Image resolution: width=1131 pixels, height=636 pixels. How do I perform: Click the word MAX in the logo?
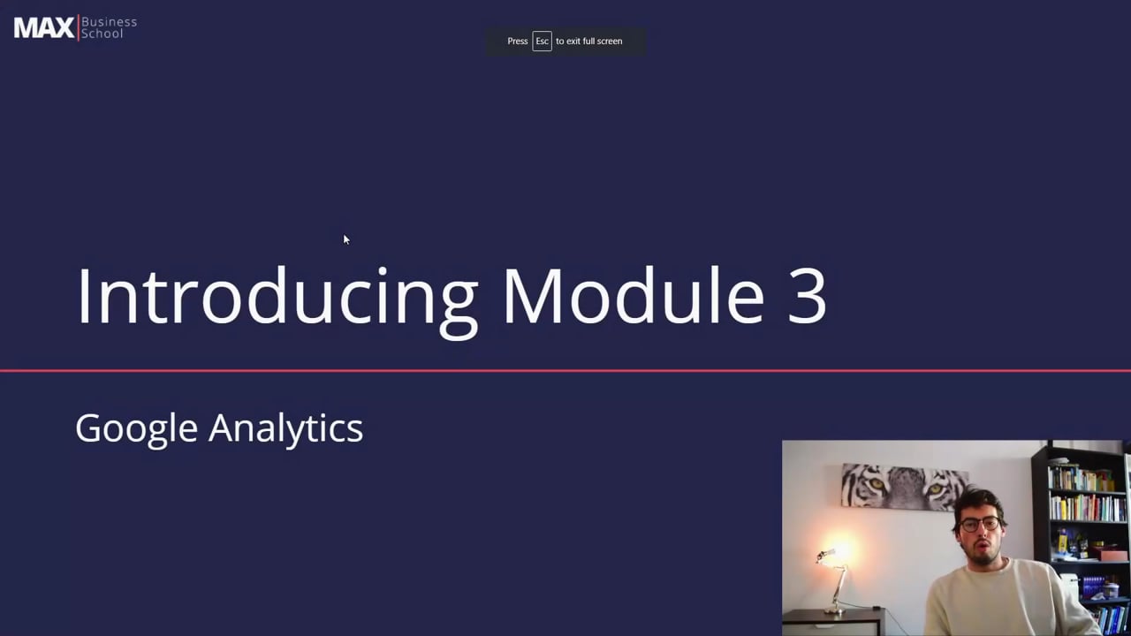coord(44,28)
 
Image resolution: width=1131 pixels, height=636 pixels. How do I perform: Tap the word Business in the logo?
coord(109,21)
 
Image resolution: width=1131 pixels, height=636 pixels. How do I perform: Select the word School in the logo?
coord(102,34)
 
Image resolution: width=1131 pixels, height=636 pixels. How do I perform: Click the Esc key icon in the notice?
coord(542,42)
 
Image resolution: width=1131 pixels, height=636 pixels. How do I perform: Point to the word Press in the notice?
coord(518,42)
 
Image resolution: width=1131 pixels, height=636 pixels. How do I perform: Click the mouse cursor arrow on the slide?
coord(345,239)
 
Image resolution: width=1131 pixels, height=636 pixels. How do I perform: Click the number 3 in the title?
coord(805,297)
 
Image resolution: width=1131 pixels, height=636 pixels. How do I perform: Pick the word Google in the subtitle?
coord(136,429)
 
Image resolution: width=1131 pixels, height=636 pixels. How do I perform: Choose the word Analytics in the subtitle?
coord(285,429)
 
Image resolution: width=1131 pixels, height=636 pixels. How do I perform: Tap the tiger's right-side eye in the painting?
coord(935,488)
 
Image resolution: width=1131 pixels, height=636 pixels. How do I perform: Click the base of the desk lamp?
coord(834,611)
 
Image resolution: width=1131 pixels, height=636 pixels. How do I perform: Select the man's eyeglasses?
coord(979,524)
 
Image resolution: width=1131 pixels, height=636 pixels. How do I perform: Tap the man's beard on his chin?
coord(980,556)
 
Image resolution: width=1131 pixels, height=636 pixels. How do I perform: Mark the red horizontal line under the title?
coord(565,371)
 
